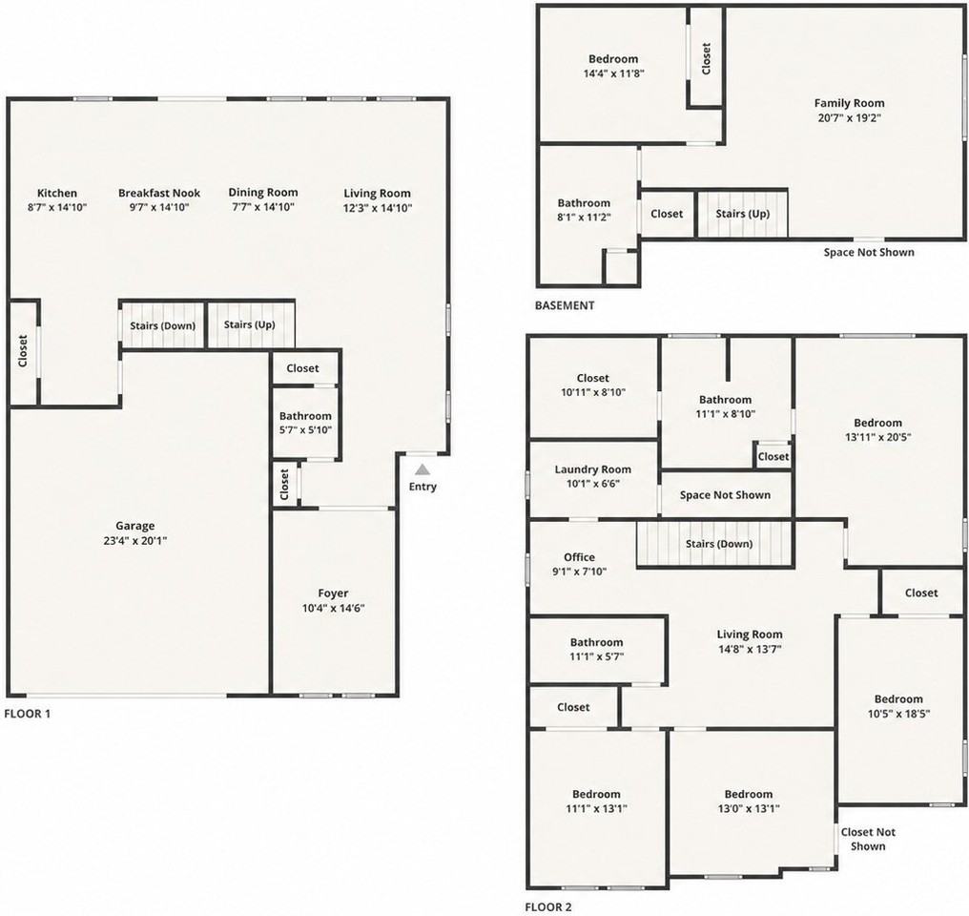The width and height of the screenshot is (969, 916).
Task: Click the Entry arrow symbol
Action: click(423, 469)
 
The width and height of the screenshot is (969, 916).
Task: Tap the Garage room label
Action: click(134, 526)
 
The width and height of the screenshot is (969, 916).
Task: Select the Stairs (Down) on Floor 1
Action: click(162, 325)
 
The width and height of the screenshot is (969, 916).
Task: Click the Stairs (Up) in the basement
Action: click(742, 214)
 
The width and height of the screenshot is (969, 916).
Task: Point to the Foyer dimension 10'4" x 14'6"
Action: click(333, 608)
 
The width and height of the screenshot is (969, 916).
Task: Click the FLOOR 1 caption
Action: click(28, 714)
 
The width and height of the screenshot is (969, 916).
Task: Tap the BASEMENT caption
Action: click(565, 305)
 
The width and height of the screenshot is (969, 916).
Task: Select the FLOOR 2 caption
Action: click(548, 907)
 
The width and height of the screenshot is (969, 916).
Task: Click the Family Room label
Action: click(849, 103)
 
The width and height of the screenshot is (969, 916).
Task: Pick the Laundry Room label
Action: click(592, 469)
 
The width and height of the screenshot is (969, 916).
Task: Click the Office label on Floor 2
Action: click(579, 557)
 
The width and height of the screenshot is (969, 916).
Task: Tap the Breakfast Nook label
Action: click(159, 193)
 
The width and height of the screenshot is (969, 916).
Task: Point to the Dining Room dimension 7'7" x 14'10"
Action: click(263, 207)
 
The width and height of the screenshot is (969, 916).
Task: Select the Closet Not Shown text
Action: click(868, 840)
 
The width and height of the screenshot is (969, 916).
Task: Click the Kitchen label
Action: click(57, 193)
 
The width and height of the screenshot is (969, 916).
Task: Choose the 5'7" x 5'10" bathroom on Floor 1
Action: click(305, 423)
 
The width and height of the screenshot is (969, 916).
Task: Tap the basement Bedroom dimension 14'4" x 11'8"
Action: click(613, 73)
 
